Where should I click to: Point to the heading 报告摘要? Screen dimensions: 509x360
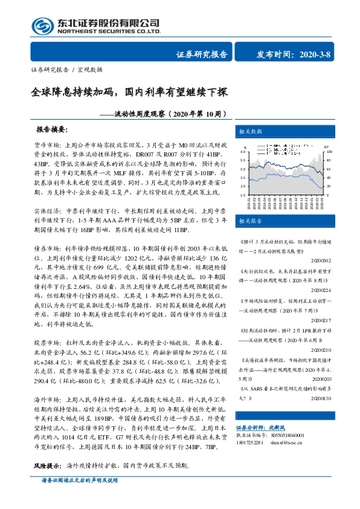(x=52, y=130)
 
